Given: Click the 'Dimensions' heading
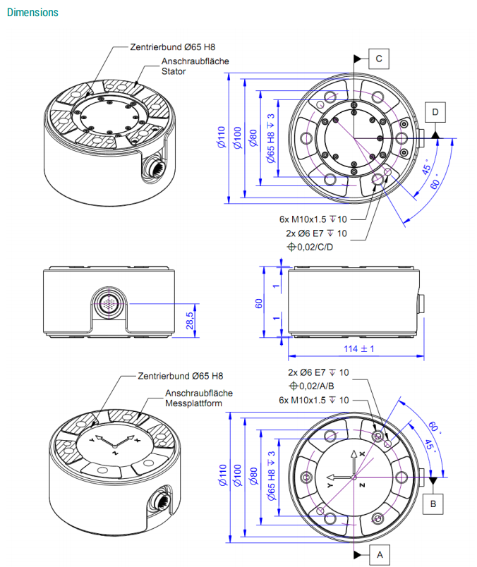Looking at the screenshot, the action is tap(32, 12).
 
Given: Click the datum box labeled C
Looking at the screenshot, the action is tap(378, 59).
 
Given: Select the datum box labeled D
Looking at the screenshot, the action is tap(435, 112).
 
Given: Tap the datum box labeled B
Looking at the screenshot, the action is tap(433, 504).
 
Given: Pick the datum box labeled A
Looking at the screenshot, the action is tap(380, 554).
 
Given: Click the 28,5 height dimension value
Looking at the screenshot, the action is tap(190, 321).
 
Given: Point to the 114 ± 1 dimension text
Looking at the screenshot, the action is tap(358, 348).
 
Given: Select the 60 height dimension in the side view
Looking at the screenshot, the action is tap(258, 303).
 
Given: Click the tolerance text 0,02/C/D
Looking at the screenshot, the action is tap(310, 247).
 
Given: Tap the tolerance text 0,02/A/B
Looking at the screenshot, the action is tap(311, 386).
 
